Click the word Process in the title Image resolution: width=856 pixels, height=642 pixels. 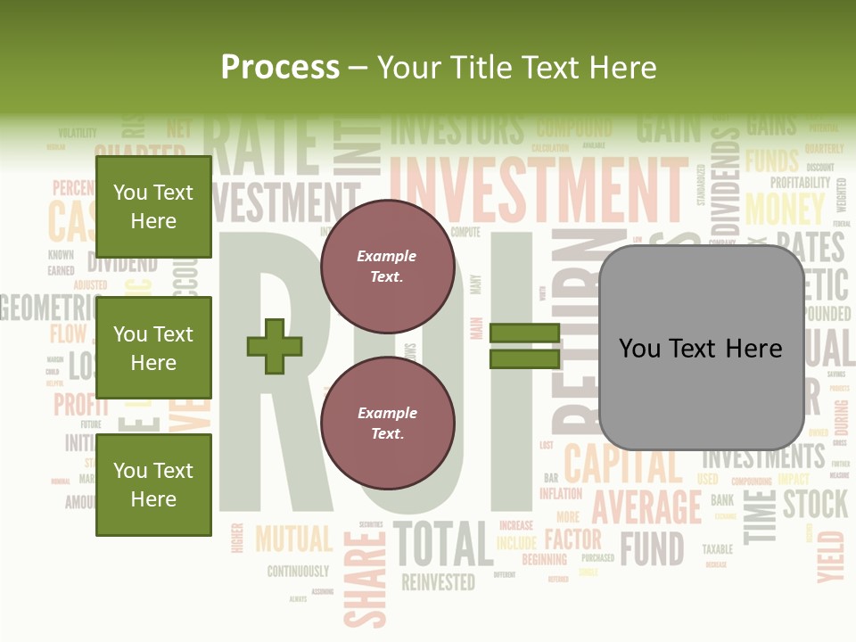point(280,67)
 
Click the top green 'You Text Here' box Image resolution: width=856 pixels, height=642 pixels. point(153,207)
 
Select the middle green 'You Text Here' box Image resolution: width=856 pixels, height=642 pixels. point(153,348)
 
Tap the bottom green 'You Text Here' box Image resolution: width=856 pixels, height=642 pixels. point(153,484)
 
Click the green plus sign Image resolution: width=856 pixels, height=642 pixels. point(275,346)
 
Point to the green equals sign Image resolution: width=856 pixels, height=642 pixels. point(524,346)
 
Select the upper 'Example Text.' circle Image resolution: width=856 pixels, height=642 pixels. point(387,267)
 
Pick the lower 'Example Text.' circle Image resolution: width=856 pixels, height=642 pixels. point(387,423)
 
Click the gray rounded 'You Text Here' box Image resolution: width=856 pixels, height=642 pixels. point(701,348)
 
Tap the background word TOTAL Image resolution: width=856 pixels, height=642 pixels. point(443,543)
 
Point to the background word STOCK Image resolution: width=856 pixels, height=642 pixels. point(815,504)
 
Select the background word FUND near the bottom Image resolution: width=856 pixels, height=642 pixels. point(652,548)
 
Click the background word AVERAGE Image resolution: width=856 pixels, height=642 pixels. point(647,506)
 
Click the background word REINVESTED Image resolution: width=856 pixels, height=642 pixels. point(438,582)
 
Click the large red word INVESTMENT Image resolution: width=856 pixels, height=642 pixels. point(538,189)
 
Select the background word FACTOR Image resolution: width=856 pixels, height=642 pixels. point(572,539)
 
